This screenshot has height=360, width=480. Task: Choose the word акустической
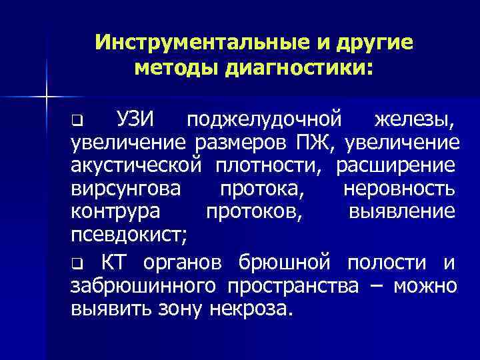(x=136, y=165)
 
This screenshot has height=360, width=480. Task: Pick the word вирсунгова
(x=125, y=189)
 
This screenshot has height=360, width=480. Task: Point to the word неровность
(x=399, y=189)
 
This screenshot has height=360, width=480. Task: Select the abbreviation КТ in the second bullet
(x=113, y=263)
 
